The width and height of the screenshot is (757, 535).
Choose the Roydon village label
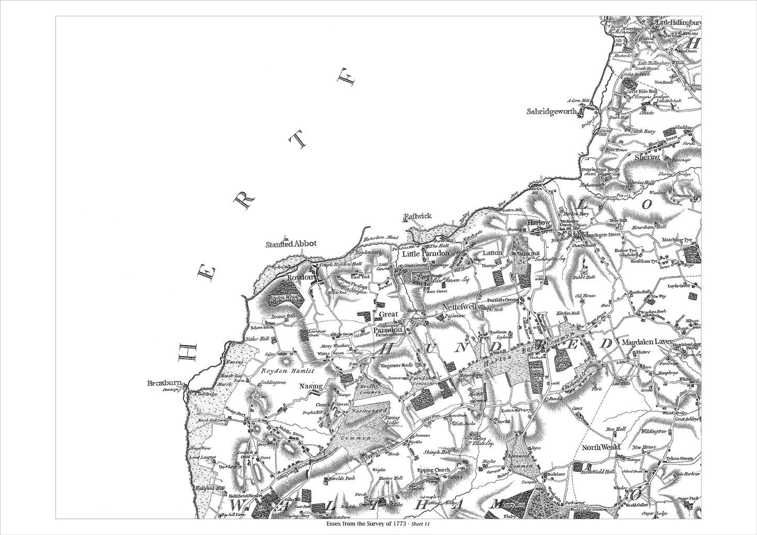pyautogui.click(x=300, y=277)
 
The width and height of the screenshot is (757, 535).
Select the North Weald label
pyautogui.click(x=601, y=447)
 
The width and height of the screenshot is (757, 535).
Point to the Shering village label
pyautogui.click(x=647, y=157)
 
